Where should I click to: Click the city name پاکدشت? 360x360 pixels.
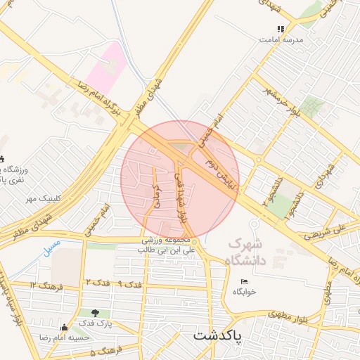(x=217, y=335)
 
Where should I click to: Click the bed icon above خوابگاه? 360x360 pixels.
(x=245, y=282)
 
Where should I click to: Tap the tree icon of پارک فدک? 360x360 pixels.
(x=96, y=313)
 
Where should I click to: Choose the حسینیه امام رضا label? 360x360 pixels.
(x=65, y=337)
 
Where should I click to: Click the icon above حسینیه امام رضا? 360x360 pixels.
(x=65, y=327)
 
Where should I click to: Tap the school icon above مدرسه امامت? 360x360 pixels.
(x=281, y=30)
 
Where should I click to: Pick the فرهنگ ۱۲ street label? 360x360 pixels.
(x=47, y=284)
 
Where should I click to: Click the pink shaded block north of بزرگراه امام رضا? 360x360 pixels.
(x=108, y=65)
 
